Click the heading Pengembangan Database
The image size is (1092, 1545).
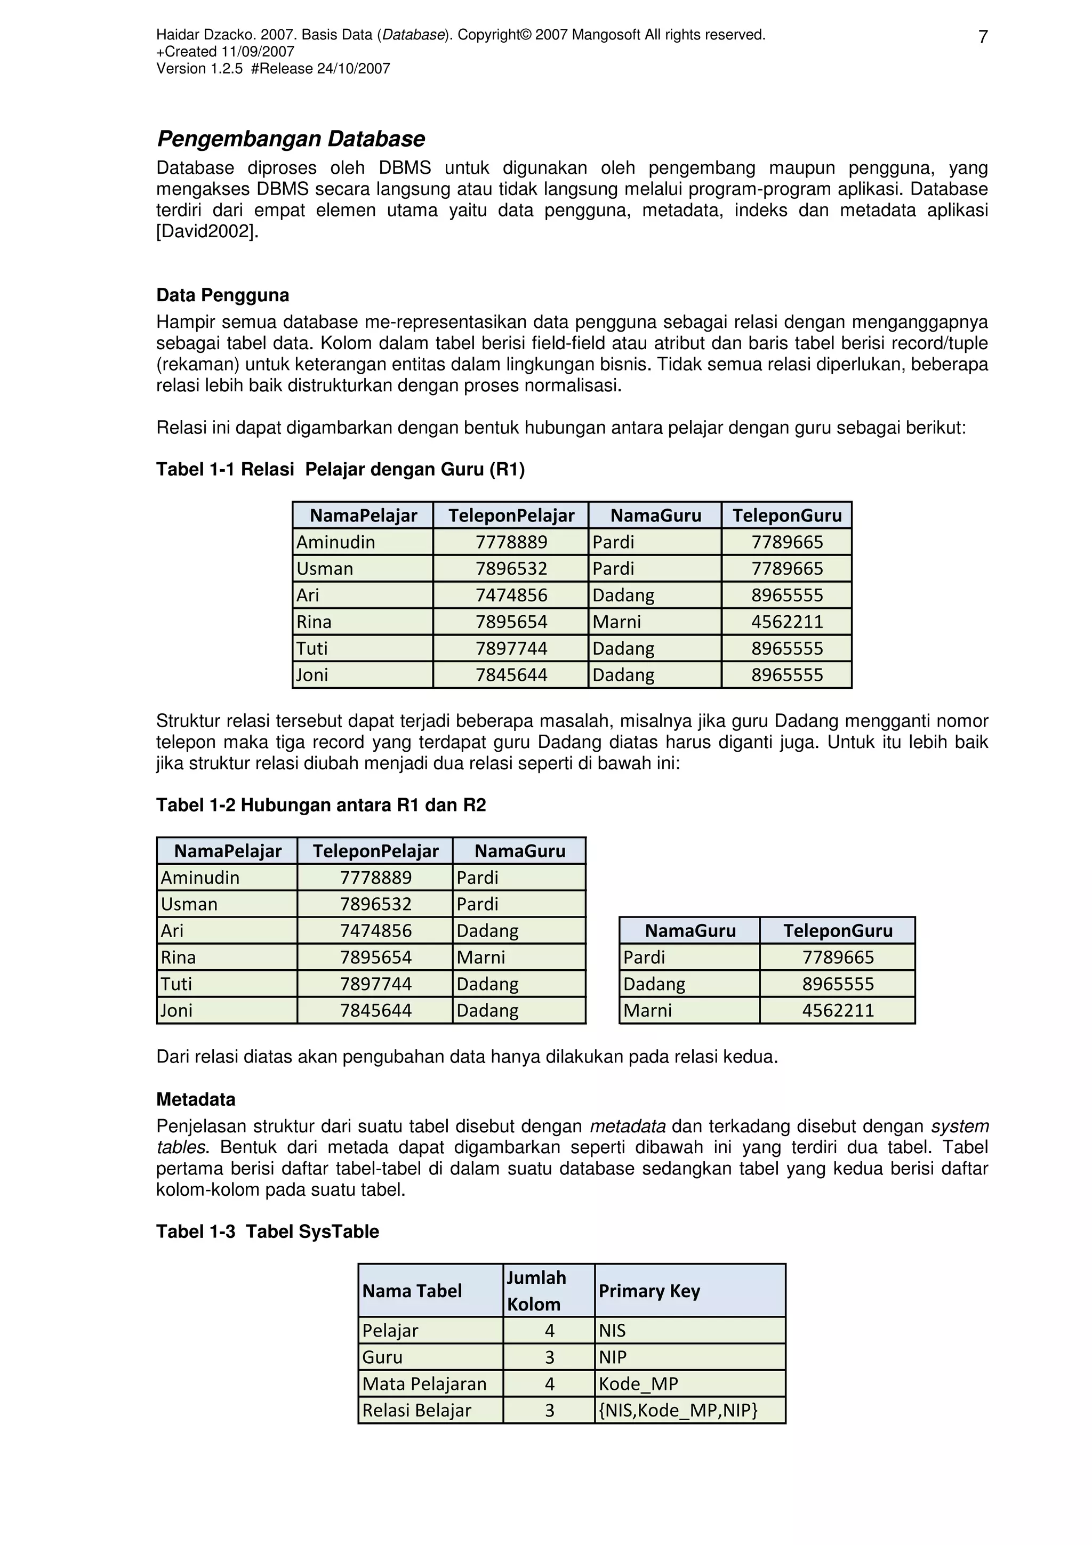(291, 139)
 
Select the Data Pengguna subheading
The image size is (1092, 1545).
(223, 295)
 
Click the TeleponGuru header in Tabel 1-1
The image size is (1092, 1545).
(786, 516)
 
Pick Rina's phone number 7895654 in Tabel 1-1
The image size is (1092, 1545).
(511, 622)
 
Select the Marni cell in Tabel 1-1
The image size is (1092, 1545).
(617, 622)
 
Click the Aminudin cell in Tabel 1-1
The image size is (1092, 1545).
(336, 542)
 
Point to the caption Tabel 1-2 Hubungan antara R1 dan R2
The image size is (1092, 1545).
(321, 805)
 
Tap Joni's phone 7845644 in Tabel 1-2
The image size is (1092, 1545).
(375, 1010)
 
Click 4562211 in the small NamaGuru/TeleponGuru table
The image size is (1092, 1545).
(838, 1010)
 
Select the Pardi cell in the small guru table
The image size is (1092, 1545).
(644, 957)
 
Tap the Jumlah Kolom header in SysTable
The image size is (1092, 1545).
(537, 1291)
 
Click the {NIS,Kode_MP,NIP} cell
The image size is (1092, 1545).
(678, 1411)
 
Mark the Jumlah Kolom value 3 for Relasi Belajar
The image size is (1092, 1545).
(549, 1411)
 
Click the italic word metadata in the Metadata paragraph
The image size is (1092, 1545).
(627, 1126)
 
